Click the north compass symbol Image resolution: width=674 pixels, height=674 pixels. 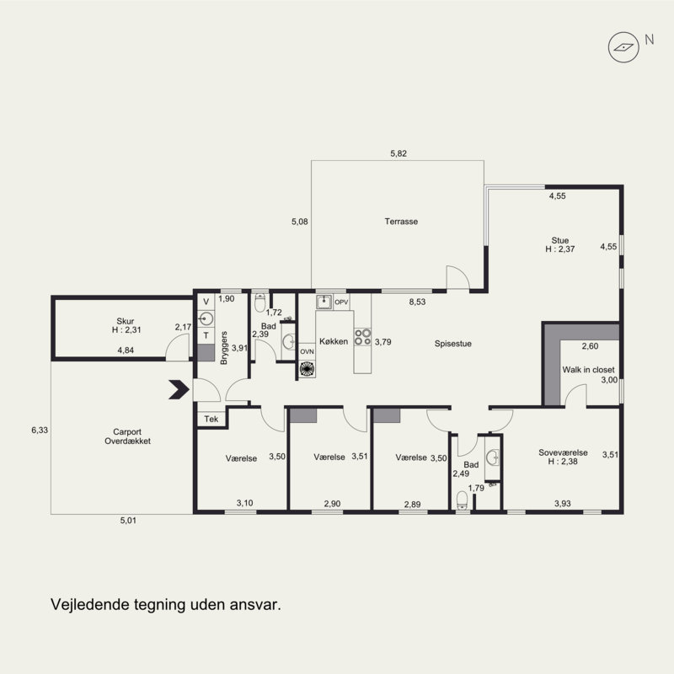tap(623, 47)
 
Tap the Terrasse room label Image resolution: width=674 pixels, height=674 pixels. tap(401, 222)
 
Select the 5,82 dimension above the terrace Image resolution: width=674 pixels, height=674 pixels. tap(399, 153)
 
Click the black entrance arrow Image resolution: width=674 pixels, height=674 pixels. tap(179, 389)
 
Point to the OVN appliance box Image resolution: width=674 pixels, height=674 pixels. tap(307, 351)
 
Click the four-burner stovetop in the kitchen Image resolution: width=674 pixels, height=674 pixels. tap(362, 337)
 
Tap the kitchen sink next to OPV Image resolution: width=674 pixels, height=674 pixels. tap(324, 302)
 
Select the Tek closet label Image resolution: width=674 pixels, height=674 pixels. tap(211, 419)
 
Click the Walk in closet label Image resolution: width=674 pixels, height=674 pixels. tap(588, 370)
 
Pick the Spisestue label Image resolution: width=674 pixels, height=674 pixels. tap(453, 344)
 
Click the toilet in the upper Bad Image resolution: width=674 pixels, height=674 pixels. tap(260, 302)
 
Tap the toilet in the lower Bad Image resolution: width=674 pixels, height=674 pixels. tap(462, 500)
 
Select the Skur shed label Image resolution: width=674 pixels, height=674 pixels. tap(125, 321)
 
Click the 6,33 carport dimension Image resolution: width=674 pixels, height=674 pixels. tap(40, 430)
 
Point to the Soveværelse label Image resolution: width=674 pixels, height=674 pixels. tap(563, 452)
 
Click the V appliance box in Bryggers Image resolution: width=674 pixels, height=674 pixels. tap(206, 302)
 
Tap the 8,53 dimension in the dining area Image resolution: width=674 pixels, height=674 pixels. tap(417, 302)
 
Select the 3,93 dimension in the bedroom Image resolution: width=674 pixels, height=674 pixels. tap(563, 504)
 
